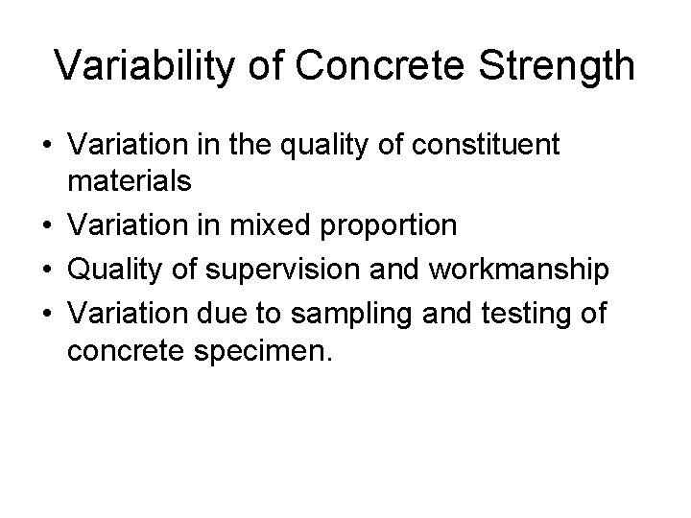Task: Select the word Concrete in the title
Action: (368, 66)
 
